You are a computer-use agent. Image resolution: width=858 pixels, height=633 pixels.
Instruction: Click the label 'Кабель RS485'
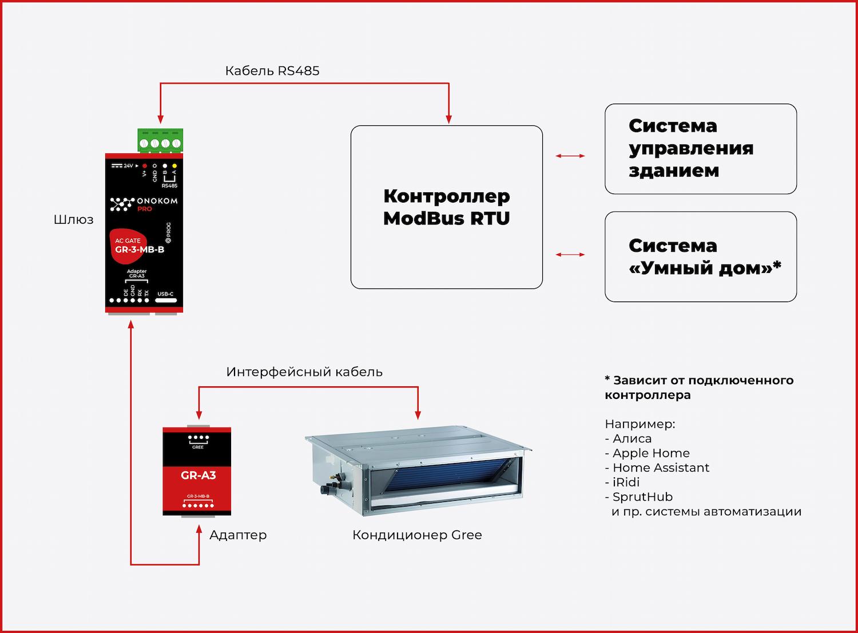(x=272, y=71)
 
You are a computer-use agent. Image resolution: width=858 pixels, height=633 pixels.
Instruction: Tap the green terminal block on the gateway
(x=160, y=141)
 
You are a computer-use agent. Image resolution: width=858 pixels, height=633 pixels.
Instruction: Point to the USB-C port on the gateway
(x=165, y=300)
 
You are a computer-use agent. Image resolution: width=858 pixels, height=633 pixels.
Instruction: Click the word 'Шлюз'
(x=74, y=220)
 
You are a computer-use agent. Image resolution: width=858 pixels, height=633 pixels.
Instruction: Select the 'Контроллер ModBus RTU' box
(x=446, y=207)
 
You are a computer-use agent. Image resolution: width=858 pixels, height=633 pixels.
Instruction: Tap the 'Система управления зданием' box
(x=700, y=149)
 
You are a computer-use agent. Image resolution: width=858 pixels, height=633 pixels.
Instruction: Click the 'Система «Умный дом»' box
(x=700, y=256)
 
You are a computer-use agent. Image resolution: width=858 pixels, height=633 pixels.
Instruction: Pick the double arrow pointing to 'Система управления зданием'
(x=570, y=156)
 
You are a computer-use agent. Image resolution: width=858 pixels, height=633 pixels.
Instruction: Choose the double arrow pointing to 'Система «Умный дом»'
(x=570, y=255)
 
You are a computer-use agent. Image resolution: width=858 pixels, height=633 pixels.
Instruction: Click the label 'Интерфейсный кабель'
(x=304, y=372)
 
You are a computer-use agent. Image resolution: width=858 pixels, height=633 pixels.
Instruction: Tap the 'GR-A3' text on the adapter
(x=198, y=475)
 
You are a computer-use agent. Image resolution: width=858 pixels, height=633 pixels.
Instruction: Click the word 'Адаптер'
(x=238, y=535)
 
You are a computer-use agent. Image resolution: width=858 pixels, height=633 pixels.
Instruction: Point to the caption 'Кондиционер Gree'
(x=417, y=535)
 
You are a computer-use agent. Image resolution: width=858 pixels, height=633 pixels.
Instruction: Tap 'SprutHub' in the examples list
(x=642, y=497)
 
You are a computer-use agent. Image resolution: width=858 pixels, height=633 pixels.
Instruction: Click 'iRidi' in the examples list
(x=626, y=482)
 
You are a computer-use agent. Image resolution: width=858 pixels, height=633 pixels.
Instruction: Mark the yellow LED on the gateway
(x=174, y=165)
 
